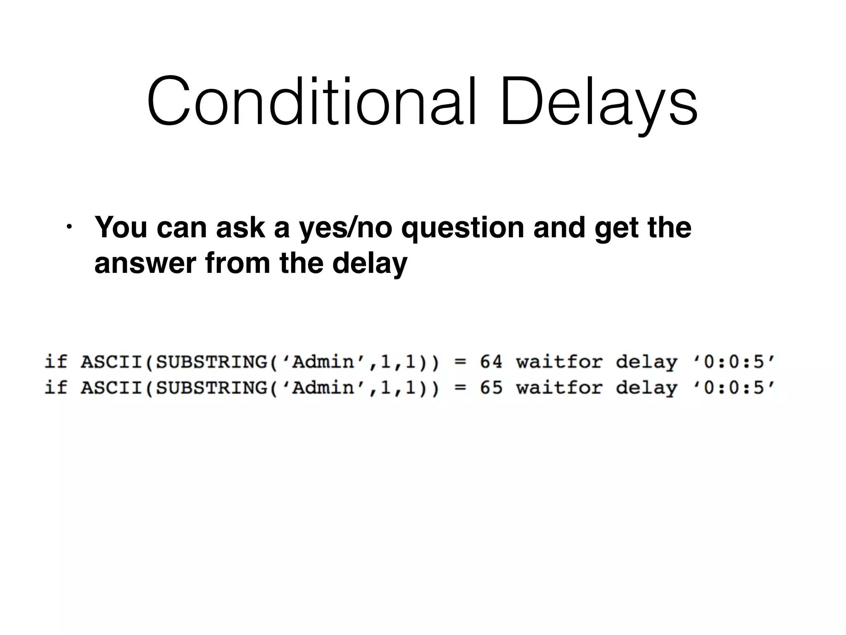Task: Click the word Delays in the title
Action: pyautogui.click(x=599, y=101)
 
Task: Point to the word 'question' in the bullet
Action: pyautogui.click(x=463, y=229)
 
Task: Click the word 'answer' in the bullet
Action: pyautogui.click(x=145, y=263)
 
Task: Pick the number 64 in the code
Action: pyautogui.click(x=491, y=362)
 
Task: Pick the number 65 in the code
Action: pyautogui.click(x=491, y=388)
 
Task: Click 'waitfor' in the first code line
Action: pyautogui.click(x=559, y=362)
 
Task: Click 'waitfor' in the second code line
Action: pyautogui.click(x=559, y=388)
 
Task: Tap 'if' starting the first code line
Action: pyautogui.click(x=55, y=362)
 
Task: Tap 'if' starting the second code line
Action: pyautogui.click(x=55, y=388)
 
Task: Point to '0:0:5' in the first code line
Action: pyautogui.click(x=734, y=362)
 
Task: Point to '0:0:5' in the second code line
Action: pyautogui.click(x=734, y=388)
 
